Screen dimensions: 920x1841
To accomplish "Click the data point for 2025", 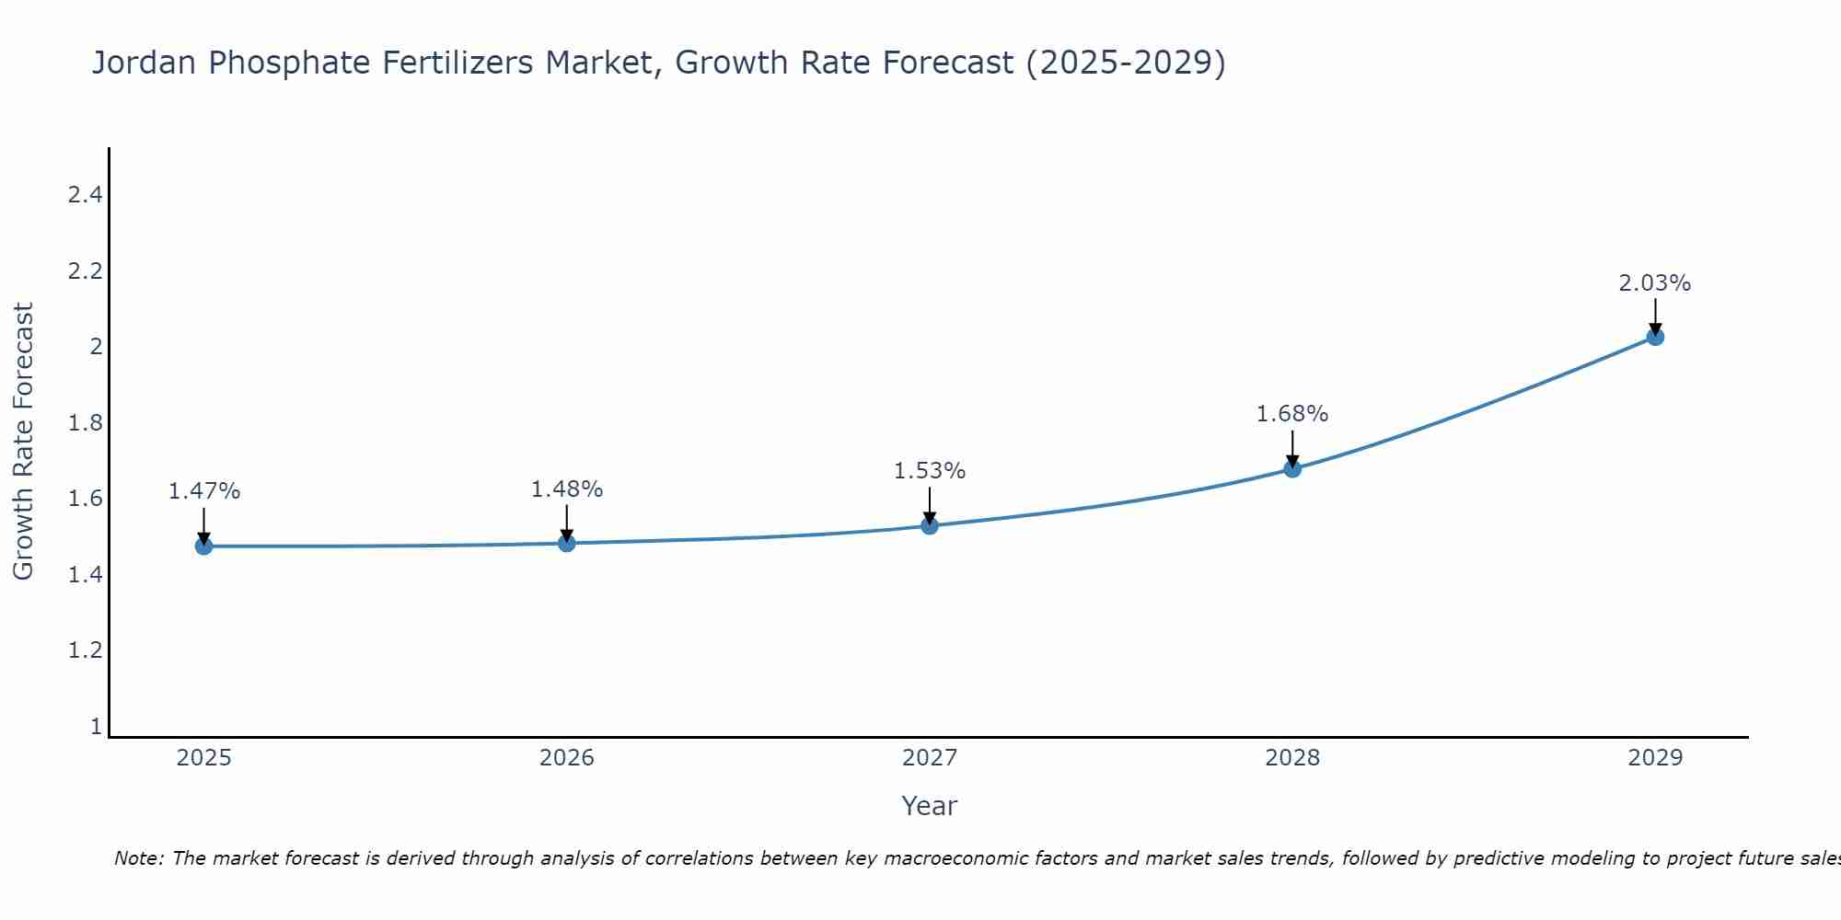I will click(203, 546).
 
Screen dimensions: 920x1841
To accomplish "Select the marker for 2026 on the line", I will click(566, 544).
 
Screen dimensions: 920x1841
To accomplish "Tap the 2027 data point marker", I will click(929, 526).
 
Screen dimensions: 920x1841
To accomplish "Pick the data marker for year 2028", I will click(1291, 469).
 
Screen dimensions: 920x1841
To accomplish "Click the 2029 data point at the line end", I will click(1654, 337).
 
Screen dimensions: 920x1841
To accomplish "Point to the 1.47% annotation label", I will click(203, 491).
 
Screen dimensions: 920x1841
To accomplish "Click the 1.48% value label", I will click(566, 489).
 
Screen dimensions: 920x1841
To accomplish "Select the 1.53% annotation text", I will click(929, 471).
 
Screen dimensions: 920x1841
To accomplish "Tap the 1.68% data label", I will click(1291, 414).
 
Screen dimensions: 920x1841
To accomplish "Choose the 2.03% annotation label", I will click(1654, 283).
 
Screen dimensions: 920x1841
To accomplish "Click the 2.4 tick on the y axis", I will click(85, 194).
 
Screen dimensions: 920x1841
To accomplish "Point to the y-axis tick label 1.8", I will click(85, 423).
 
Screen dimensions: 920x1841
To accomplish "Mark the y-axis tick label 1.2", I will click(85, 650).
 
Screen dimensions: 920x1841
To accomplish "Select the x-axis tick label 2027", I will click(929, 758).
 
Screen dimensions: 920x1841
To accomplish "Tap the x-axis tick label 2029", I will click(1654, 758).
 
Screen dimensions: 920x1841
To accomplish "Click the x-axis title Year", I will click(929, 806).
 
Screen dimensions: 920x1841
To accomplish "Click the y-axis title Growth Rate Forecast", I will click(23, 442).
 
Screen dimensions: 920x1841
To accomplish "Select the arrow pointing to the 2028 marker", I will click(1291, 448).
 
